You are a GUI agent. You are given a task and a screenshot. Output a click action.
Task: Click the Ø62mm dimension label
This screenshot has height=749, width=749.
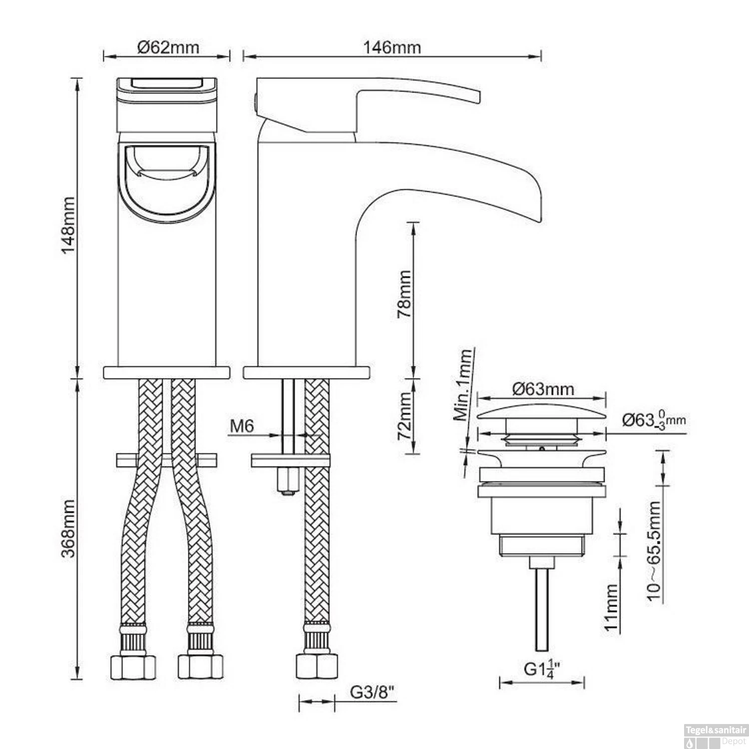(168, 47)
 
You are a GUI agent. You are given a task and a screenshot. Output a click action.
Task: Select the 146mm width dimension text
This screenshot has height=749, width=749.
(391, 47)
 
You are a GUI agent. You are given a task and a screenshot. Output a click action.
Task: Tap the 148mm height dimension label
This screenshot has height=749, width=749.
(67, 225)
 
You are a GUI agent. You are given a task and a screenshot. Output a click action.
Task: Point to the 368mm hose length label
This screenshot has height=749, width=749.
(67, 528)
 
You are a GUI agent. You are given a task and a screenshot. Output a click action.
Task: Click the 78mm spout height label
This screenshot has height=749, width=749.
(404, 294)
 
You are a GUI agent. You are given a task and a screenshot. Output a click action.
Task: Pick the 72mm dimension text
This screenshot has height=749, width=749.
(404, 416)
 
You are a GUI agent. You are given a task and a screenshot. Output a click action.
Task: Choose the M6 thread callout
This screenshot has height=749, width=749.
(242, 426)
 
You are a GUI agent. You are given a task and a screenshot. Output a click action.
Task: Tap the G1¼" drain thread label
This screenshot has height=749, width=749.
(542, 669)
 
